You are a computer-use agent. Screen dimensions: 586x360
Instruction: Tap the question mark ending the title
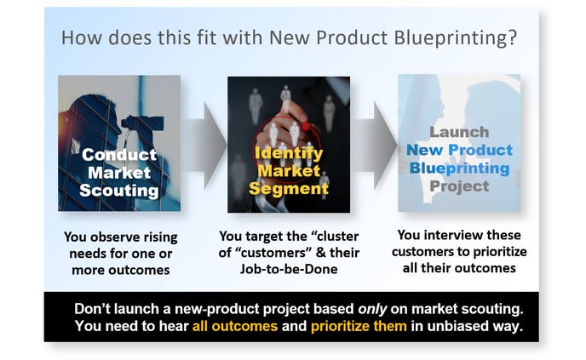coord(512,37)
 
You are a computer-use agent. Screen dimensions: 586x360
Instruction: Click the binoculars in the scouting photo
coord(143,123)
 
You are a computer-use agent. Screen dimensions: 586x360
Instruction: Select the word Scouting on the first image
coord(119,191)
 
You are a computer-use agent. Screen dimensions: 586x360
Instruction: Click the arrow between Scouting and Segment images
coord(204,145)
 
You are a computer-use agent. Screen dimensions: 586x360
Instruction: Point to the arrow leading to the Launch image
coord(375,145)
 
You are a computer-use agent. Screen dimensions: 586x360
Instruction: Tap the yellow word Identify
coord(289,153)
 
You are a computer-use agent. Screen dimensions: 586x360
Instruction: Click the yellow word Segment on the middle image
coord(289,188)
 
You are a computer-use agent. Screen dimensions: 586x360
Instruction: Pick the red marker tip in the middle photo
coord(306,127)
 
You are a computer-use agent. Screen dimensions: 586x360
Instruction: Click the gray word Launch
coord(459,132)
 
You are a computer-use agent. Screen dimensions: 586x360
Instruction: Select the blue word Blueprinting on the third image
coord(459,169)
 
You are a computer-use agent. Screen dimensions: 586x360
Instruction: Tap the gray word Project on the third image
coord(459,186)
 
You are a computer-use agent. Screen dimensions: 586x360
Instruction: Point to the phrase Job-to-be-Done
coord(289,269)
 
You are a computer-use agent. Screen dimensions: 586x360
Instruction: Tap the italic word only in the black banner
coord(372,309)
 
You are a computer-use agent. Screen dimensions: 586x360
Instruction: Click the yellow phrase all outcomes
coord(235,326)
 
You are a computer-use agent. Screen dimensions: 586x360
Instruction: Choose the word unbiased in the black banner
coord(458,326)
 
